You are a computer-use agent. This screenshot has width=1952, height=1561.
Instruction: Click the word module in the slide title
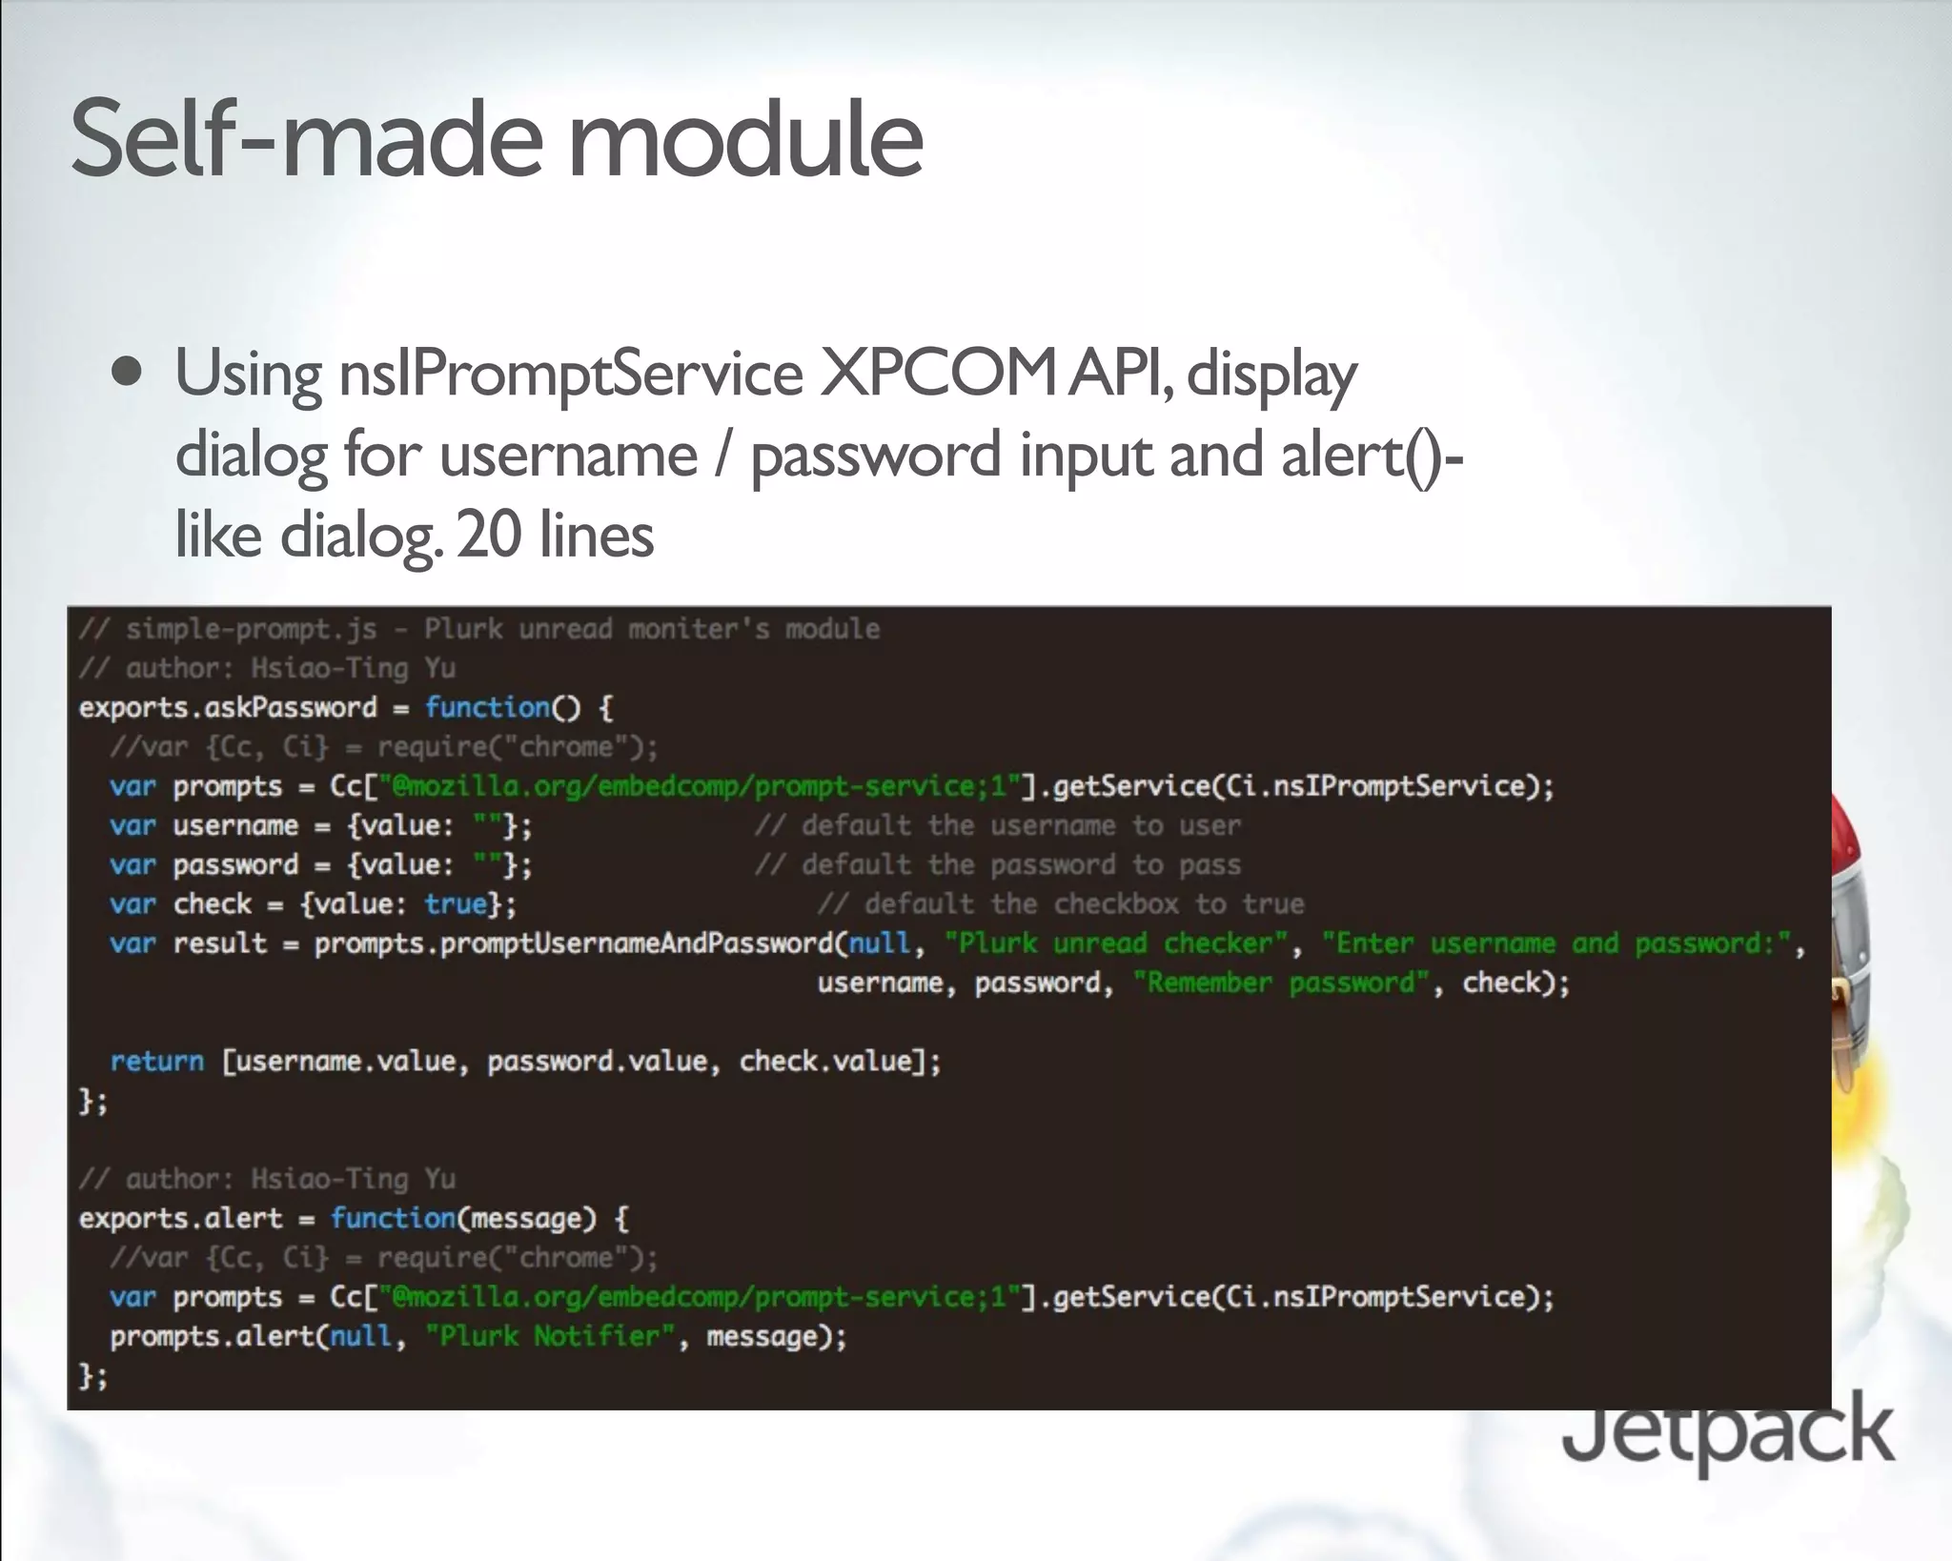coord(745,140)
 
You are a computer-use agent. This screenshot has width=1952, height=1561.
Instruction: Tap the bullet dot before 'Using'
coord(127,372)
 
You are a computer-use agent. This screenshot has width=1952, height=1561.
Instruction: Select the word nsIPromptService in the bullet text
coord(571,374)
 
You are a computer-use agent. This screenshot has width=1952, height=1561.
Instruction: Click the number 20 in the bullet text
coord(489,535)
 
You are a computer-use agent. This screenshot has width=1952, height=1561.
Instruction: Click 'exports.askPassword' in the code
coord(228,707)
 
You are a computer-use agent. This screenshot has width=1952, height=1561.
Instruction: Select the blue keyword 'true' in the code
coord(456,903)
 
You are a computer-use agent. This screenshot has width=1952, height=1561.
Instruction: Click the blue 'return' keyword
coord(156,1061)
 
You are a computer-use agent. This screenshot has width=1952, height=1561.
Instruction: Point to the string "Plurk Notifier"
coord(550,1336)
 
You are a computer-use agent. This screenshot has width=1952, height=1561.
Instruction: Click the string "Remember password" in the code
coord(1281,983)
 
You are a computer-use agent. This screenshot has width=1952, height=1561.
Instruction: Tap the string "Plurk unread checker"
coord(1116,943)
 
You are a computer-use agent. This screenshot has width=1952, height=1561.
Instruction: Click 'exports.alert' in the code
coord(180,1218)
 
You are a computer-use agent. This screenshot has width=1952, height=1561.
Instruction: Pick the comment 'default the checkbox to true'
coord(1060,903)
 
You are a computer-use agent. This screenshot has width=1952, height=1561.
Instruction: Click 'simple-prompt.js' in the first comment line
coord(252,629)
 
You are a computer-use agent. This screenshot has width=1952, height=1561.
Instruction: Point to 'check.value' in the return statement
coord(824,1061)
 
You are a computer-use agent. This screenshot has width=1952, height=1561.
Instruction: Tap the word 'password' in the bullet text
coord(875,456)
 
